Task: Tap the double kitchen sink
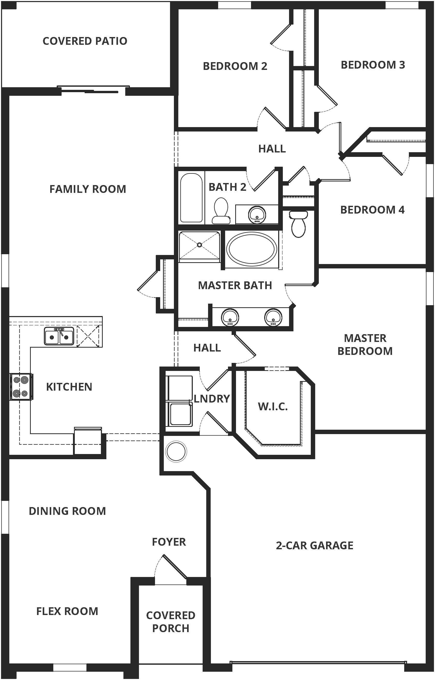pyautogui.click(x=59, y=336)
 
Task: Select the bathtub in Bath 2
pyautogui.click(x=191, y=198)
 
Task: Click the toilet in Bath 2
pyautogui.click(x=221, y=210)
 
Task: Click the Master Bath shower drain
pyautogui.click(x=200, y=245)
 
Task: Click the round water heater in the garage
pyautogui.click(x=176, y=451)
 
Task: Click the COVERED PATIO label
pyautogui.click(x=85, y=41)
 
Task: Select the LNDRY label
pyautogui.click(x=212, y=399)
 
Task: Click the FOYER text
pyautogui.click(x=169, y=542)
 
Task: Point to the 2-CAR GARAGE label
pyautogui.click(x=315, y=545)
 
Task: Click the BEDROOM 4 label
pyautogui.click(x=372, y=210)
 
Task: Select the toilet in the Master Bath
pyautogui.click(x=298, y=224)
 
